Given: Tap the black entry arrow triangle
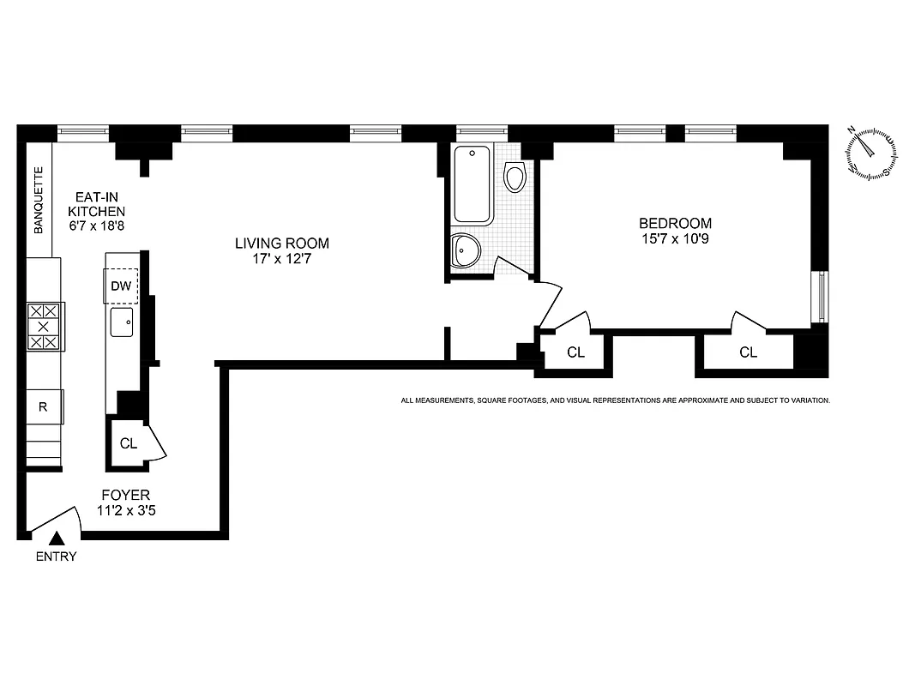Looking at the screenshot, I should click(57, 539).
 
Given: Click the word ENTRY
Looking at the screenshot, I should click(57, 557).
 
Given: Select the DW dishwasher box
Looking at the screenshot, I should click(121, 286).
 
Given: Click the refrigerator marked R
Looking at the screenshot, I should click(44, 406).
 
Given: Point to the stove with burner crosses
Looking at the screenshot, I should click(44, 327).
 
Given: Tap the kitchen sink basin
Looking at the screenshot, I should click(121, 323).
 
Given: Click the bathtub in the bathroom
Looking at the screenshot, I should click(473, 184).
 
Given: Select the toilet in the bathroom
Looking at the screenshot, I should click(515, 178).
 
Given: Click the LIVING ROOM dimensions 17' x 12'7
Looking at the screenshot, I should click(282, 258).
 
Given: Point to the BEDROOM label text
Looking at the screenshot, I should click(674, 223).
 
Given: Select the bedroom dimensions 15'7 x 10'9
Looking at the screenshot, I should click(674, 239).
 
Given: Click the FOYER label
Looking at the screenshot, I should click(126, 495).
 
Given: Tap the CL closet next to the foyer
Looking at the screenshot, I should click(129, 443).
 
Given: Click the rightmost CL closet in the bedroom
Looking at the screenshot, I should click(748, 352).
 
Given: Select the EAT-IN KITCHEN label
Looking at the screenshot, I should click(97, 203).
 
